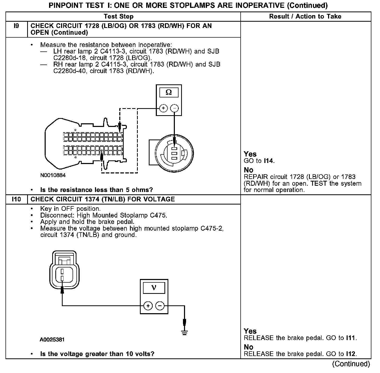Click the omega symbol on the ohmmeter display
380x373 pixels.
169,92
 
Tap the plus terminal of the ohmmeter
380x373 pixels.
163,108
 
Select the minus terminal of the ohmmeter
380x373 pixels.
174,108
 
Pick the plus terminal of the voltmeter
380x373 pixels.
148,306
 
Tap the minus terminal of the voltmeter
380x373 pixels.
160,306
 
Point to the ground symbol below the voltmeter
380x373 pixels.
184,333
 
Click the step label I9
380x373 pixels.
16,26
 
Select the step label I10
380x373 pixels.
16,199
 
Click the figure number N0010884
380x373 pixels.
53,175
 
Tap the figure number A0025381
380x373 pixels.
52,340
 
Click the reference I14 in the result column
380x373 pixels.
269,161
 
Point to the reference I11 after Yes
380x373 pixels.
351,338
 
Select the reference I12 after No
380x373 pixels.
351,354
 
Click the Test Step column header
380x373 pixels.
119,16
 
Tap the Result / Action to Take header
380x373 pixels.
305,16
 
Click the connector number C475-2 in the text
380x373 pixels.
212,228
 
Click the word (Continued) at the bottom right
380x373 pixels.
351,364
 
